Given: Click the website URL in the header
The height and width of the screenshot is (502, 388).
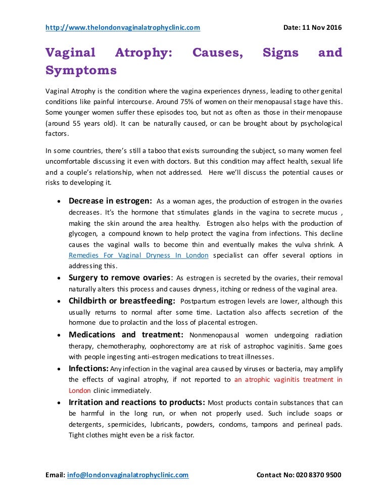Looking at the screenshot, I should (x=123, y=27).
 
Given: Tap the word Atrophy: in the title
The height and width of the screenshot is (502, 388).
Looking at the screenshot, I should (x=143, y=53).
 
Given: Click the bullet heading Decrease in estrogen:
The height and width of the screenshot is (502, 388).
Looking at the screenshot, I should (x=111, y=200).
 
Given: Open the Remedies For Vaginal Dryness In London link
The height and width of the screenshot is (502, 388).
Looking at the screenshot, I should (x=138, y=256).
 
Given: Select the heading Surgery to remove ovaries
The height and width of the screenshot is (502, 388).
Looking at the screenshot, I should (x=120, y=278).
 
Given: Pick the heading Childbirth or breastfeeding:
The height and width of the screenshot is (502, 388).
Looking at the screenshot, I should (x=122, y=302).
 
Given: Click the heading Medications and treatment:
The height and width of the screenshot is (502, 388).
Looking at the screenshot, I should (x=126, y=335).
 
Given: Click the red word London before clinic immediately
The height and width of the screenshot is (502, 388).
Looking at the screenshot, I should (x=80, y=390).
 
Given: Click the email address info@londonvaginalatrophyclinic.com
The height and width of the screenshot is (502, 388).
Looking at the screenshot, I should (x=128, y=475).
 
